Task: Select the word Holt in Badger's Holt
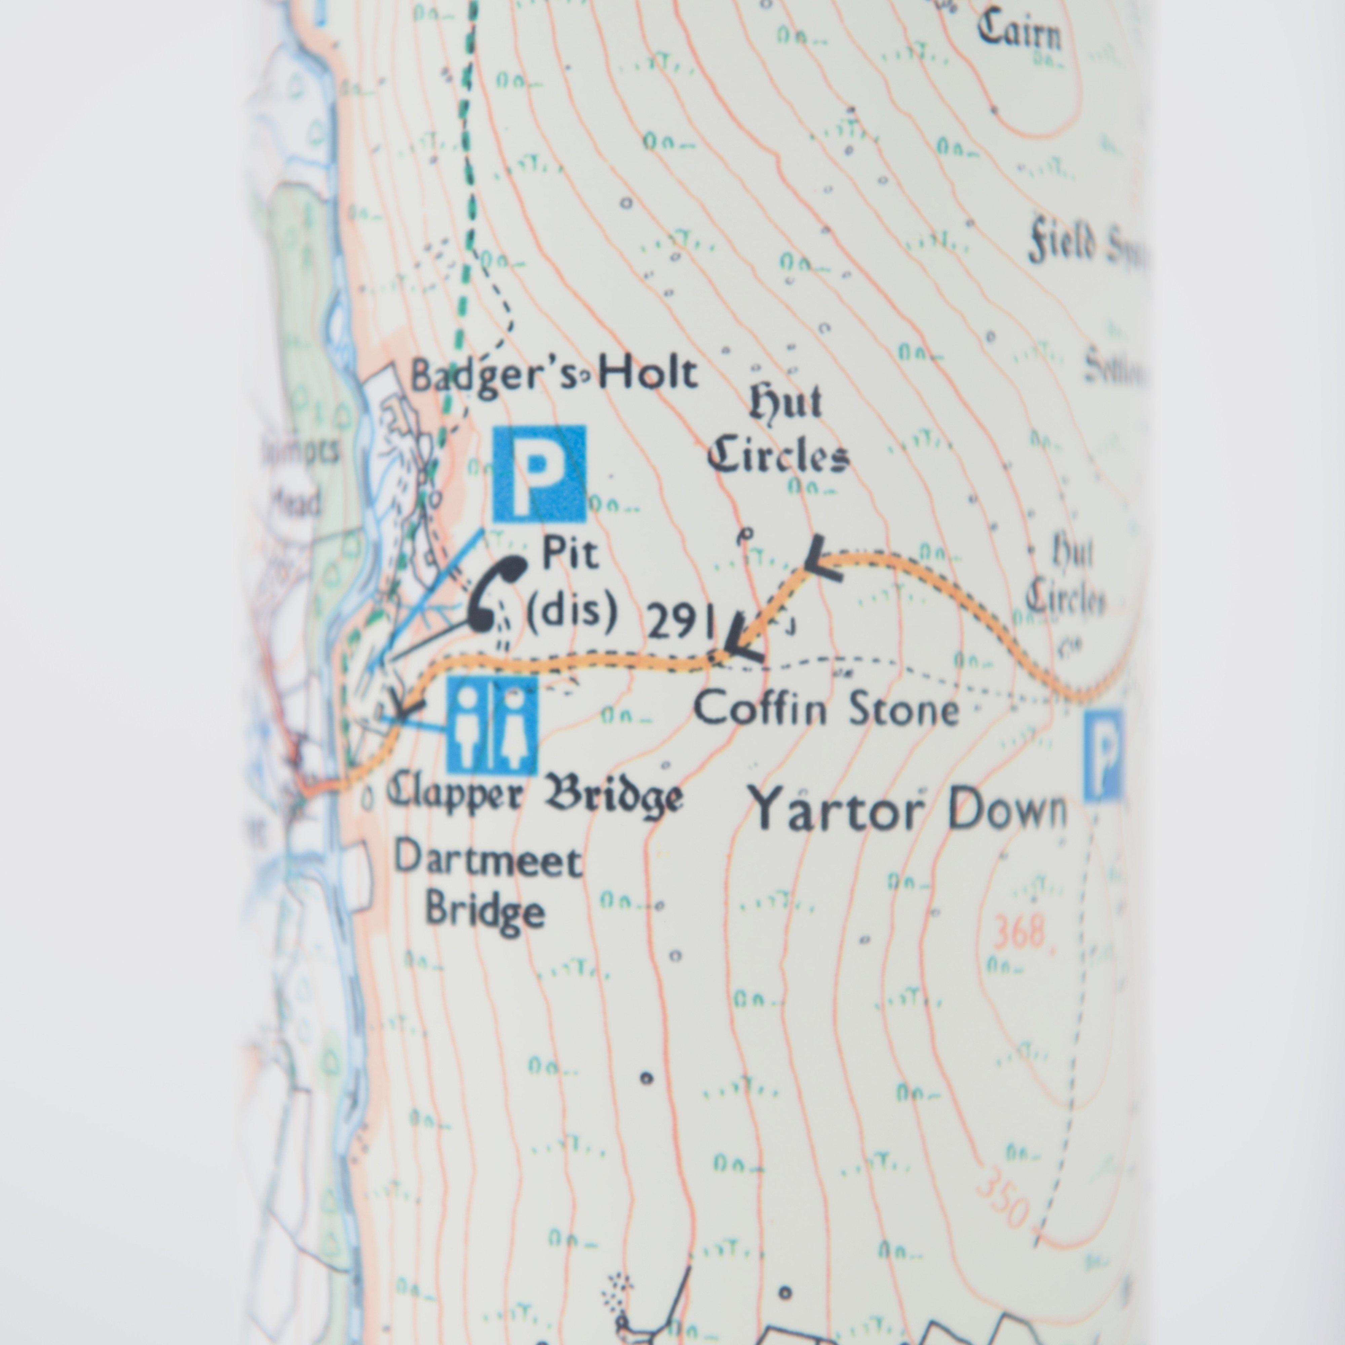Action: tap(647, 375)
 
